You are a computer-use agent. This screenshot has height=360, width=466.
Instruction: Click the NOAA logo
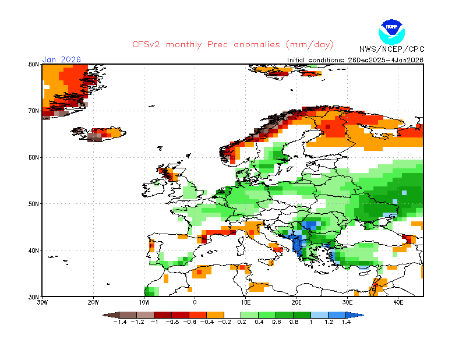(391, 32)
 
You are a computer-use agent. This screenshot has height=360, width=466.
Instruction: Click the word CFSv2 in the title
(146, 45)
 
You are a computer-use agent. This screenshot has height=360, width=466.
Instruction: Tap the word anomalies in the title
(257, 45)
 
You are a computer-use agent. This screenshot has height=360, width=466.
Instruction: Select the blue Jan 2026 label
(62, 59)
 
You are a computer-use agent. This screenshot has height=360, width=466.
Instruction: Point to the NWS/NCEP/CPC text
(391, 49)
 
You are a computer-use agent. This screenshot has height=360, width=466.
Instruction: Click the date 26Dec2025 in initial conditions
(366, 60)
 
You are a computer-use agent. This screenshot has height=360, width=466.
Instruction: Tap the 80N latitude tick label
(34, 64)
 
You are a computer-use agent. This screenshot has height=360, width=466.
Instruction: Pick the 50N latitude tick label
(34, 204)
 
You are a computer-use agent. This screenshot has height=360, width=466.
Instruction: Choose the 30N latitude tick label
(34, 297)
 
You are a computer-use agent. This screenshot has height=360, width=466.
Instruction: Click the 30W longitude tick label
(42, 303)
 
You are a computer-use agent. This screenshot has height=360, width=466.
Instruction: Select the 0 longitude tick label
(195, 303)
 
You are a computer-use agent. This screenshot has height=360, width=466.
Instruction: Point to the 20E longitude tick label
(296, 303)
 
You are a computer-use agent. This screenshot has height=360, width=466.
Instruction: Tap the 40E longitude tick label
(398, 303)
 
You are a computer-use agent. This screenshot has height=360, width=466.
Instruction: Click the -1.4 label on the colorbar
(120, 322)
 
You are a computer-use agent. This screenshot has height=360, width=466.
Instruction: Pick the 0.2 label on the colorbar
(242, 322)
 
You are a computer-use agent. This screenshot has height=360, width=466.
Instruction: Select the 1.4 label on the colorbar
(346, 322)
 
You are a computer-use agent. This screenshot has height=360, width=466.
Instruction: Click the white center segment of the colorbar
(232, 315)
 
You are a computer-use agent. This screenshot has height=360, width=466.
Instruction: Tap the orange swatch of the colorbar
(215, 315)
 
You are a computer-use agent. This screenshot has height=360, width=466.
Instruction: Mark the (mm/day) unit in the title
(310, 45)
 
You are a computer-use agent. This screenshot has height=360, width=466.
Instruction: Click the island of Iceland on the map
(98, 135)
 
